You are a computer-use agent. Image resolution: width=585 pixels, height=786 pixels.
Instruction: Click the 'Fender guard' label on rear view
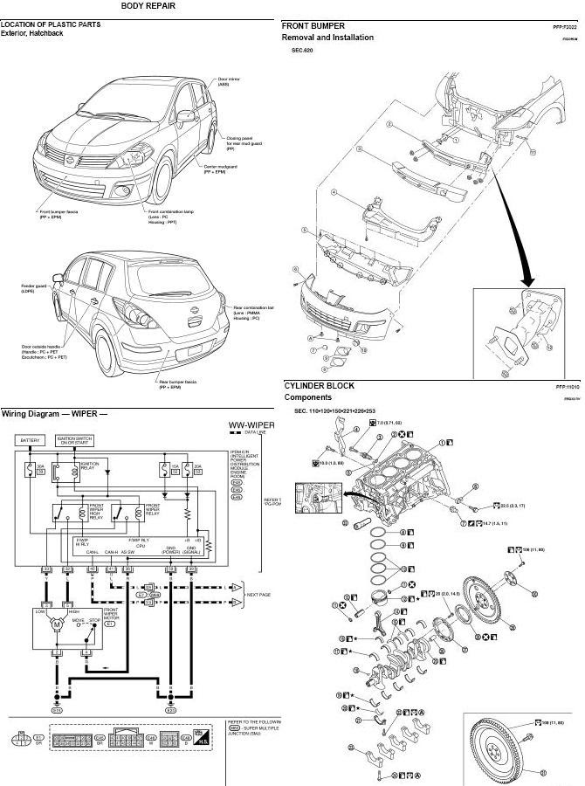coord(34,286)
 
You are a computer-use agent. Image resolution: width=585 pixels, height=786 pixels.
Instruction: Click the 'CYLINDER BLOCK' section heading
coord(318,385)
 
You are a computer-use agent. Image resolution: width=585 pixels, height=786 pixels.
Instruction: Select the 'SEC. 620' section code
coord(302,51)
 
